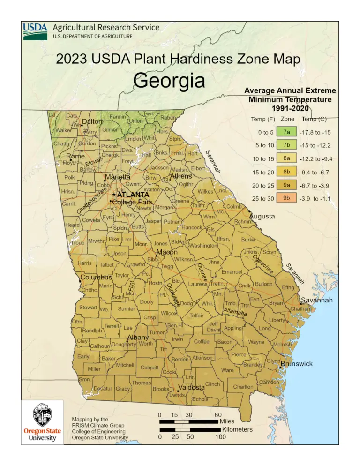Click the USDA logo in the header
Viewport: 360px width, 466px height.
click(35, 32)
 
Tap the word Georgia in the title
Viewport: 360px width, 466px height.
click(169, 81)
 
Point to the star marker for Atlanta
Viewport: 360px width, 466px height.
click(113, 194)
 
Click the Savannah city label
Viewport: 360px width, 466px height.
click(316, 300)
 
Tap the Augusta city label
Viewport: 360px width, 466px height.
click(265, 217)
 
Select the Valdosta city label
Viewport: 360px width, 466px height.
click(191, 387)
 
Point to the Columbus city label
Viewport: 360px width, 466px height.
click(96, 278)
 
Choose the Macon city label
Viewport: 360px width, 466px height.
click(167, 252)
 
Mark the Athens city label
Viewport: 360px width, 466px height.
click(180, 176)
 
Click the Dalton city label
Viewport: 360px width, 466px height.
click(92, 122)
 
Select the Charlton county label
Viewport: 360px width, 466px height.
click(243, 387)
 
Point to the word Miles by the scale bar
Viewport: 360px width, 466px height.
click(227, 421)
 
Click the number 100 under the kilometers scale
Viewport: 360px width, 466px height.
click(219, 437)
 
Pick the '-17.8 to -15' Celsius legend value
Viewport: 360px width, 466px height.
click(318, 132)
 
